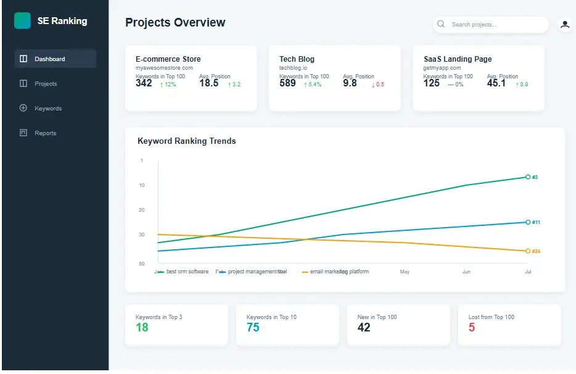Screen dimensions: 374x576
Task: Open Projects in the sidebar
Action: pos(45,84)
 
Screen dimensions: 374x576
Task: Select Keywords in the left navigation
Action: pos(47,109)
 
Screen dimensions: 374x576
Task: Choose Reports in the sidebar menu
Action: pos(45,133)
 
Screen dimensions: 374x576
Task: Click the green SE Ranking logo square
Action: pos(22,21)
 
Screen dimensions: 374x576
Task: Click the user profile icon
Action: pos(564,25)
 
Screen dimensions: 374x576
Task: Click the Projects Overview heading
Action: pos(175,23)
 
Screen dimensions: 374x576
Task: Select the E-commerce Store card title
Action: pos(168,59)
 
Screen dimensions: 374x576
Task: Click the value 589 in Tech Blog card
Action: pos(287,83)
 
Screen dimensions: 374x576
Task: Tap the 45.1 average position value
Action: pos(496,83)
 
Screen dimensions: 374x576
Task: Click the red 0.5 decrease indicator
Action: pos(377,85)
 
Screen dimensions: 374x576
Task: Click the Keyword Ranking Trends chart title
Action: pos(186,141)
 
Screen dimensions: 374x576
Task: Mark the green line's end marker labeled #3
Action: pos(527,177)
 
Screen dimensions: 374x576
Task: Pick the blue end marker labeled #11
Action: pos(527,222)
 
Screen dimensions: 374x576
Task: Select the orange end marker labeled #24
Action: pos(527,251)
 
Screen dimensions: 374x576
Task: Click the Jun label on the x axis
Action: pos(466,272)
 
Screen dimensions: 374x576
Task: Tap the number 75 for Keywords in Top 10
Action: pos(253,328)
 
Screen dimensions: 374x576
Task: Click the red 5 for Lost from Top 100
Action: pos(472,328)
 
